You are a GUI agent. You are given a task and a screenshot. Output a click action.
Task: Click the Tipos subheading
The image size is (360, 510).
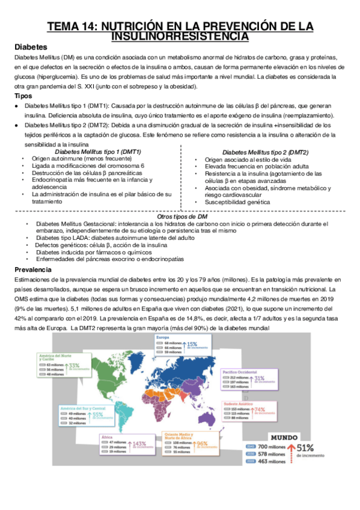point(25,96)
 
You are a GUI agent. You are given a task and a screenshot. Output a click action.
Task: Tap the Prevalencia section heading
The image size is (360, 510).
point(33,270)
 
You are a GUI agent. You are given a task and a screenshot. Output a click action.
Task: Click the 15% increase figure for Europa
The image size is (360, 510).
point(192,345)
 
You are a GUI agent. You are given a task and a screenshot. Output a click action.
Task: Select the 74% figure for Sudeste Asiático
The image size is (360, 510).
point(260,410)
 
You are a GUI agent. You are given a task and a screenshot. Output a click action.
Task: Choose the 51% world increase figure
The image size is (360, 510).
point(304,447)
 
